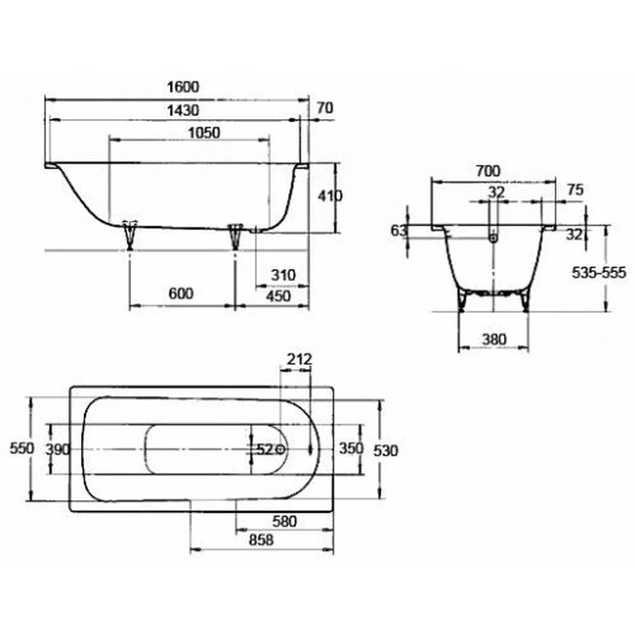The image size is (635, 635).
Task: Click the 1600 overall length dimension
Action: (x=183, y=87)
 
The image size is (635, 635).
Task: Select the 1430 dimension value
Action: (x=183, y=110)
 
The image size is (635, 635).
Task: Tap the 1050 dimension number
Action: (x=205, y=133)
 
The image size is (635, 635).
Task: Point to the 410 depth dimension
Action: (x=329, y=196)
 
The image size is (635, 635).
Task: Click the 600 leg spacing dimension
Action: (x=181, y=293)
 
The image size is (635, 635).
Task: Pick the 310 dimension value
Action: (x=283, y=275)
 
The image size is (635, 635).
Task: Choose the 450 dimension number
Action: (x=279, y=296)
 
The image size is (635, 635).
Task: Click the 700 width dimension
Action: (x=488, y=171)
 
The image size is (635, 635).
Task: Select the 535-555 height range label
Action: (x=599, y=272)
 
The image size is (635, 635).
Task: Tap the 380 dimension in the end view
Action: (x=495, y=340)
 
